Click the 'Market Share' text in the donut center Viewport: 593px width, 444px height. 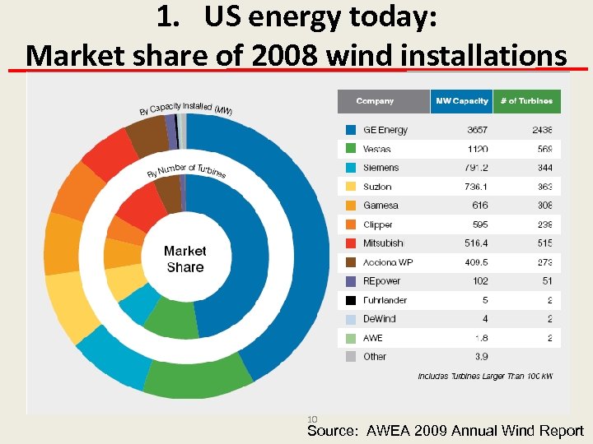[x=184, y=259]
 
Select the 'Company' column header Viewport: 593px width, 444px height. [x=375, y=101]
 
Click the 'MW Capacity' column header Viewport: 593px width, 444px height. [x=461, y=101]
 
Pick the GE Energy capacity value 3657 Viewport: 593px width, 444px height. [x=476, y=130]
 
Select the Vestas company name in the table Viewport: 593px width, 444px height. [x=377, y=149]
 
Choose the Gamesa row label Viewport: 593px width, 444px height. [x=381, y=206]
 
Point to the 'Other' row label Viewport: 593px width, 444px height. [x=375, y=357]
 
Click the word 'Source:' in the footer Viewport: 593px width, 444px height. [x=334, y=431]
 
